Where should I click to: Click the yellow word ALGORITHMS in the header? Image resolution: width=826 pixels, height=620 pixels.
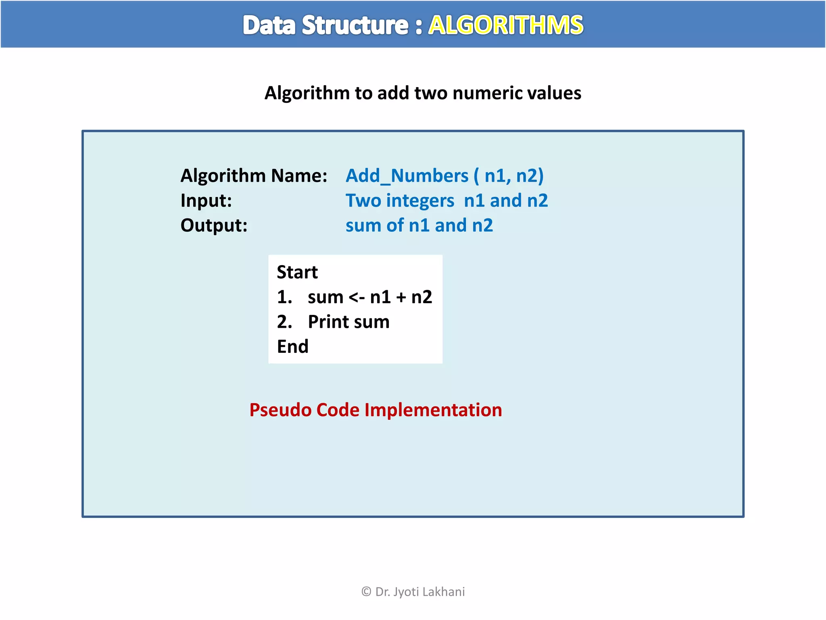505,25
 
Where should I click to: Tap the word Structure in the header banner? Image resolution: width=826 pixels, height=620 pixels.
355,25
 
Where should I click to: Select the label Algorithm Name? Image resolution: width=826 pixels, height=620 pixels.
254,176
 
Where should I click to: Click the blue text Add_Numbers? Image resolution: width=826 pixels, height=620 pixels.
407,176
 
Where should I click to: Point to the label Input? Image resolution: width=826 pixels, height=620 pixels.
206,201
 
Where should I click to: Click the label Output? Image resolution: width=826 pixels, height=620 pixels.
214,225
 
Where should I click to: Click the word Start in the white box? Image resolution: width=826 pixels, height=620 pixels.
297,272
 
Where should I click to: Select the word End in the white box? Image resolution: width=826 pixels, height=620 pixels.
292,347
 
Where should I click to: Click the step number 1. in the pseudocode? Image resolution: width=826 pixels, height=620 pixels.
284,297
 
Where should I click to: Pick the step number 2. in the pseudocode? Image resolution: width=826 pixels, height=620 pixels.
284,322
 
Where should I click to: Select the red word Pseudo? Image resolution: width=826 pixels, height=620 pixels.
280,410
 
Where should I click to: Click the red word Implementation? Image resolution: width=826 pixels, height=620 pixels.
433,410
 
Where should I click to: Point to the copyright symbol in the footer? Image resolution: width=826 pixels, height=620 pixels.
366,592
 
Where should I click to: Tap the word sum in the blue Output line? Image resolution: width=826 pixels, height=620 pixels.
363,225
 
